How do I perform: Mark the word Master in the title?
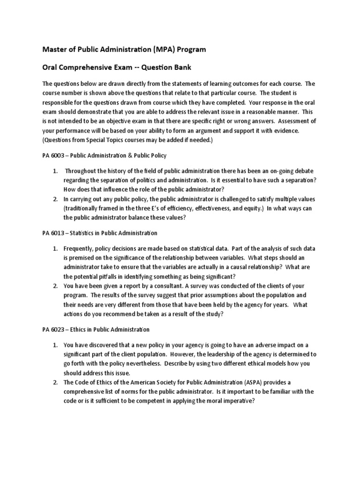[x=55, y=49]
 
